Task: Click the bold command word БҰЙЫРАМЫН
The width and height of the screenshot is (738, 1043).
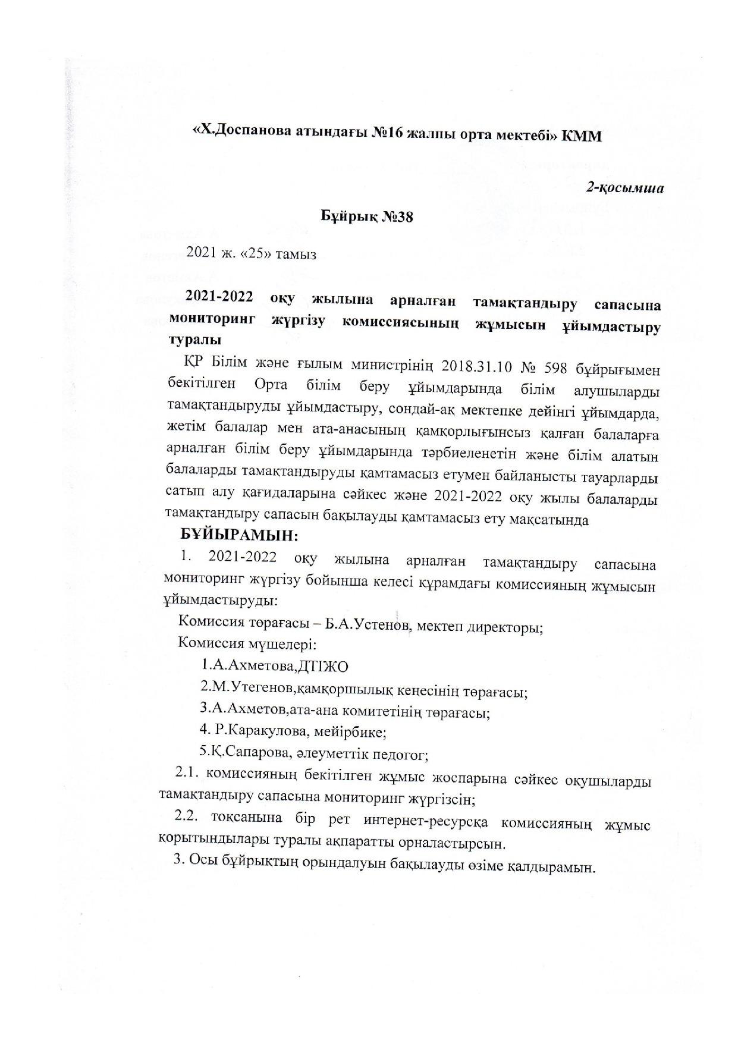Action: pyautogui.click(x=239, y=535)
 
